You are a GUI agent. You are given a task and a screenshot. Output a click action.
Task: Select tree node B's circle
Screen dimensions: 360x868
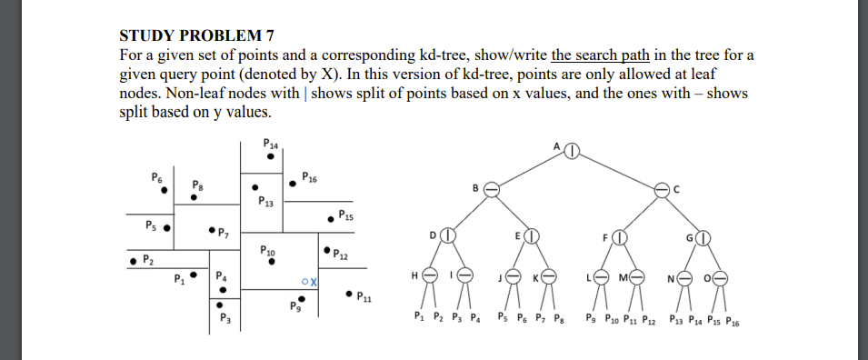click(x=491, y=189)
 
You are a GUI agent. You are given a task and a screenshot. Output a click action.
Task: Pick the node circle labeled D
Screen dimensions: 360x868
click(x=446, y=236)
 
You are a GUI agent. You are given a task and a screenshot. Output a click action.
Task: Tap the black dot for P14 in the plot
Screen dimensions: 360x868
click(x=270, y=155)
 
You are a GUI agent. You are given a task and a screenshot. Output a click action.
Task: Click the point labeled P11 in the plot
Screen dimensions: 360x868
click(x=349, y=294)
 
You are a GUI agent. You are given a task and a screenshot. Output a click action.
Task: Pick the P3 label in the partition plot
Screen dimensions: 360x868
click(x=225, y=319)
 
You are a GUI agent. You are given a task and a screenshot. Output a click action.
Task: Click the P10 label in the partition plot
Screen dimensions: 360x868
click(x=268, y=248)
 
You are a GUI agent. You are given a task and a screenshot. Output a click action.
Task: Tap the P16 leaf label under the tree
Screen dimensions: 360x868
click(x=730, y=320)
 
